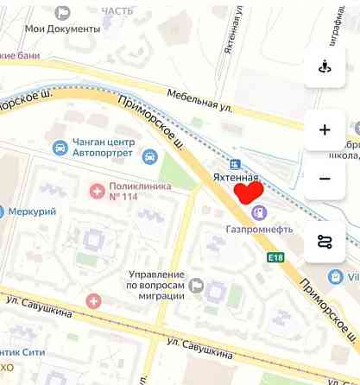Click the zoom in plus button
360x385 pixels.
[x=325, y=130]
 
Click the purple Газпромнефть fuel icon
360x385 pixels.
[x=258, y=211]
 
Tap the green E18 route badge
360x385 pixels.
[x=275, y=257]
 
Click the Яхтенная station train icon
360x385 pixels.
[x=234, y=163]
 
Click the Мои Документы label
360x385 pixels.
[x=62, y=28]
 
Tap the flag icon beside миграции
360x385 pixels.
[x=197, y=285]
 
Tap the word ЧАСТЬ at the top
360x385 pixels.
[x=117, y=10]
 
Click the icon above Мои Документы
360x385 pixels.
[x=62, y=11]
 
